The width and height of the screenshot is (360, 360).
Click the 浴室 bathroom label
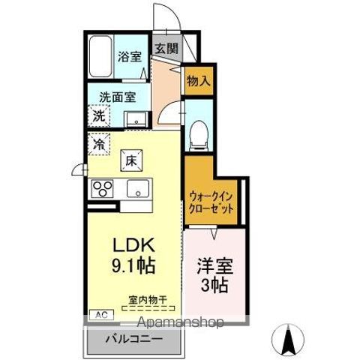click(x=130, y=56)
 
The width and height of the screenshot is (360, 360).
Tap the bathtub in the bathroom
click(x=99, y=57)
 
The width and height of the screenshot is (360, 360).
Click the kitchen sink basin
click(x=138, y=187)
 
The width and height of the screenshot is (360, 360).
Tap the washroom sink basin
click(x=136, y=118)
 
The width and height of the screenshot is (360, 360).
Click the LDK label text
click(x=133, y=245)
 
